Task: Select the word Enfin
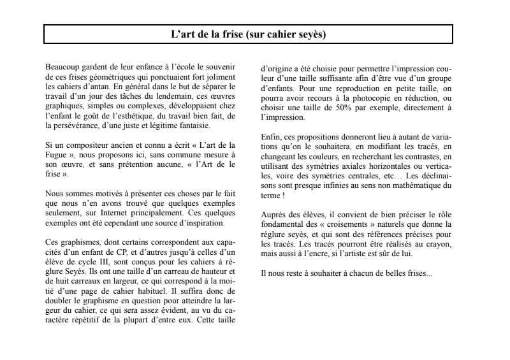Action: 270,138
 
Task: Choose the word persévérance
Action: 75,126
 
